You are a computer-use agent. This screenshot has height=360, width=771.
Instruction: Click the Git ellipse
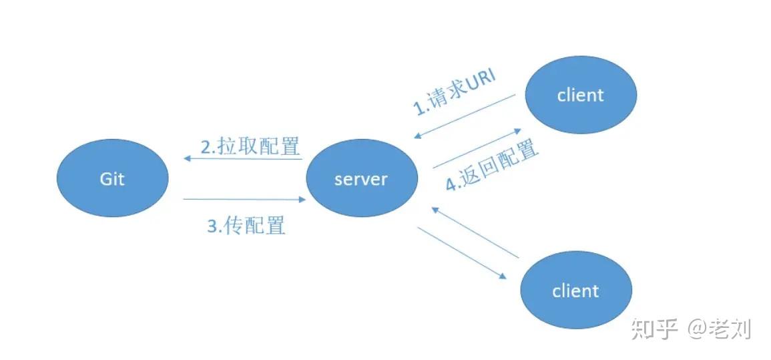pos(112,178)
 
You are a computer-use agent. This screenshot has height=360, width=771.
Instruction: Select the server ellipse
pos(361,178)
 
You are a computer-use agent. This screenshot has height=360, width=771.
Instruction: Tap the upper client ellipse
pos(580,95)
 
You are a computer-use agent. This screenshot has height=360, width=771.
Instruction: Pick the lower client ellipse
pos(575,291)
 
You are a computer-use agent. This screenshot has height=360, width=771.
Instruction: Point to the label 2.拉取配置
pos(250,146)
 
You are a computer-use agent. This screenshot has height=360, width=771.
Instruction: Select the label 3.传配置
pos(246,226)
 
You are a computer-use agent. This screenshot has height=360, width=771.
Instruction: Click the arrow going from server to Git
pos(243,158)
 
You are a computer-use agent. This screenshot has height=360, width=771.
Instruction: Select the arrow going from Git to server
pos(244,199)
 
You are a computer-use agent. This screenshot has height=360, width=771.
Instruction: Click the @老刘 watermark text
pos(720,329)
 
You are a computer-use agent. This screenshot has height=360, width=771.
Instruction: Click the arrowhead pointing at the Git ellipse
pos(188,158)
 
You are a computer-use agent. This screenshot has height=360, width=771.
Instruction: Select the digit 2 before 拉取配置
pos(206,146)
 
